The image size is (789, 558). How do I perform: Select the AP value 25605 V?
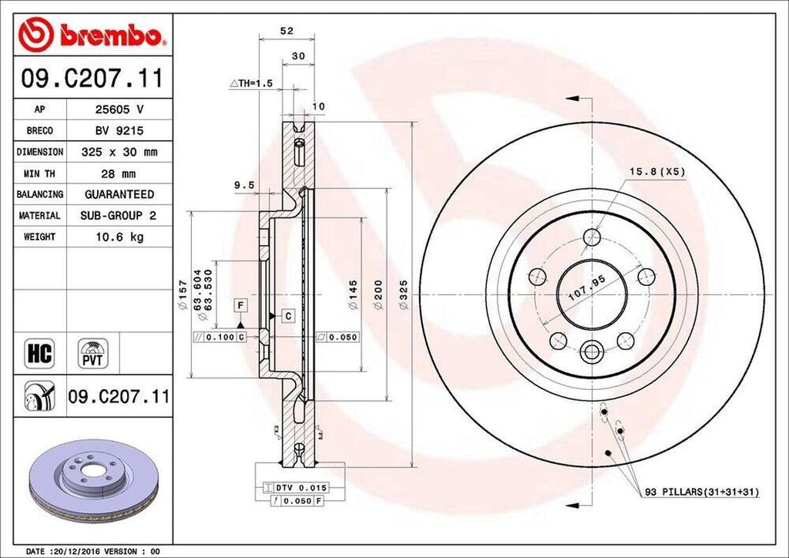click(119, 109)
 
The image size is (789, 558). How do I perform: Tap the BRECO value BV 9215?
click(119, 131)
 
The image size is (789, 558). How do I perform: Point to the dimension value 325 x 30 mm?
click(119, 153)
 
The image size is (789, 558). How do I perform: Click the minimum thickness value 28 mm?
click(119, 173)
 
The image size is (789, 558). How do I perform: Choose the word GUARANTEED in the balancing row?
click(119, 194)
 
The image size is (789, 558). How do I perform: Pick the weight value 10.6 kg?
click(119, 237)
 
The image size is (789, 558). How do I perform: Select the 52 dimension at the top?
click(287, 31)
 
